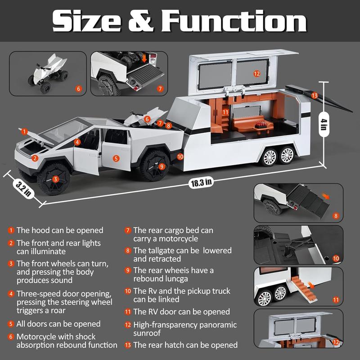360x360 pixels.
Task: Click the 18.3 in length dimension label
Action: coord(201,183)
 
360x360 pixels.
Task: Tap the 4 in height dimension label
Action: coord(324,124)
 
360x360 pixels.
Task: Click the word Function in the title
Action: coord(234,21)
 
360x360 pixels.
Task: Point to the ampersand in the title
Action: coord(140,21)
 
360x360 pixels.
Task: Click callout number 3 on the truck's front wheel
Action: coord(55,179)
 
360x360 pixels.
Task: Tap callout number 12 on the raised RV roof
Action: coord(256,74)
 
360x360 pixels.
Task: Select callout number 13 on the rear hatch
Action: coord(315,95)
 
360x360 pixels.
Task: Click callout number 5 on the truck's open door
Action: coord(116,158)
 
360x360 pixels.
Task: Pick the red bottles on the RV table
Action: coord(261,125)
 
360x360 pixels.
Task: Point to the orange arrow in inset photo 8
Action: coord(325,196)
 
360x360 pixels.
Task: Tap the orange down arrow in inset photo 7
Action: coord(144,58)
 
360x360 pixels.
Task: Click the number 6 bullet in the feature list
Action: coord(11,337)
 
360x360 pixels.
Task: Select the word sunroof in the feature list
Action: coord(147,333)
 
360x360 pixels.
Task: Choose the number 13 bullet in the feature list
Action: coord(128,345)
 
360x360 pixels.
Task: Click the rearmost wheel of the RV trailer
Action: coord(287,155)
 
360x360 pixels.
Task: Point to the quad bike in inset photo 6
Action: coord(49,72)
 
